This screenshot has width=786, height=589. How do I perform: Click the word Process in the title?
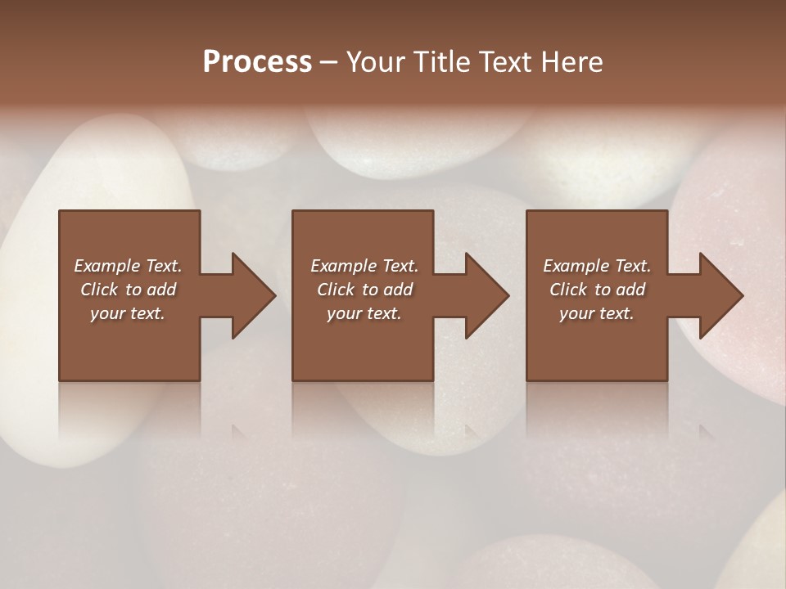pos(257,62)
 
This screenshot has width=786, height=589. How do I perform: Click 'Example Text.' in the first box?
pos(128,266)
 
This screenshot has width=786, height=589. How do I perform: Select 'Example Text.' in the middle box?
pos(364,266)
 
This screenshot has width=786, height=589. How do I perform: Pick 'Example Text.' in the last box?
pos(597,266)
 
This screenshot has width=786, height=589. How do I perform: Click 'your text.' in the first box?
pos(128,313)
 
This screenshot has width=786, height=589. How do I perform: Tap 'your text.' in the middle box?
pos(364,313)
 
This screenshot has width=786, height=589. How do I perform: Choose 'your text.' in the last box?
pos(597,313)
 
